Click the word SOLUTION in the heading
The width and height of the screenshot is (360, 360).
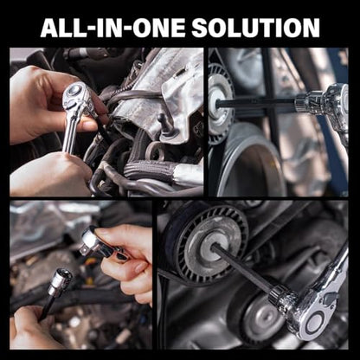pyautogui.click(x=255, y=28)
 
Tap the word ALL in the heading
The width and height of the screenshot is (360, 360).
pyautogui.click(x=59, y=28)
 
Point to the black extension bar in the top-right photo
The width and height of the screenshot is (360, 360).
pyautogui.click(x=256, y=103)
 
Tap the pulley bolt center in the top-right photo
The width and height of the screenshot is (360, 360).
pyautogui.click(x=214, y=103)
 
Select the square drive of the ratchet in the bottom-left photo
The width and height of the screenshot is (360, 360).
pyautogui.click(x=86, y=249)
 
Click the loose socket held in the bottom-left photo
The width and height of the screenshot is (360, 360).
pyautogui.click(x=60, y=282)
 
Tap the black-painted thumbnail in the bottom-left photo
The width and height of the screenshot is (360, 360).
pyautogui.click(x=121, y=257)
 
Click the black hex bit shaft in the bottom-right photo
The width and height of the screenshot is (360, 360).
pyautogui.click(x=242, y=267)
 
